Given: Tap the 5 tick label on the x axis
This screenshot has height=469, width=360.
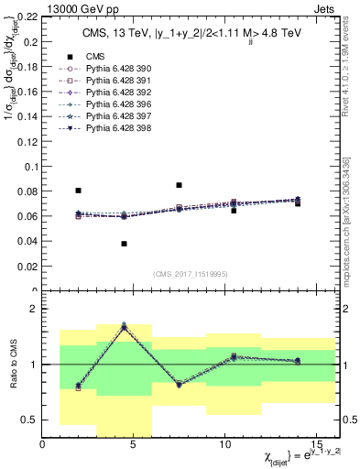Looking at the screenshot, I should click(134, 444).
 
